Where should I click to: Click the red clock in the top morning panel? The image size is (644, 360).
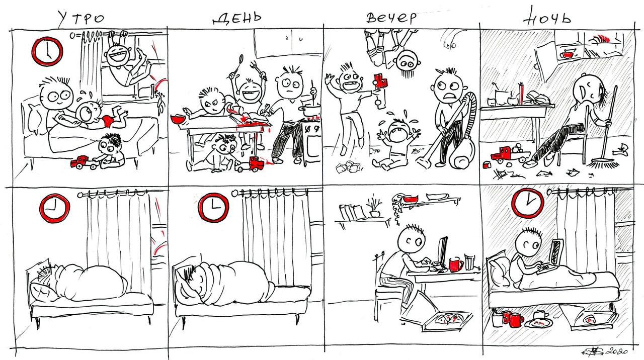click(x=47, y=51)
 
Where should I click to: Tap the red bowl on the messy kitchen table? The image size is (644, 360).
click(x=178, y=119)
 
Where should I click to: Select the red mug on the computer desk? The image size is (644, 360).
click(x=455, y=264)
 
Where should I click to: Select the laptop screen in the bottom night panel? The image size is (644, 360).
click(x=556, y=253)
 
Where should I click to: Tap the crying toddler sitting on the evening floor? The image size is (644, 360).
click(x=398, y=144)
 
